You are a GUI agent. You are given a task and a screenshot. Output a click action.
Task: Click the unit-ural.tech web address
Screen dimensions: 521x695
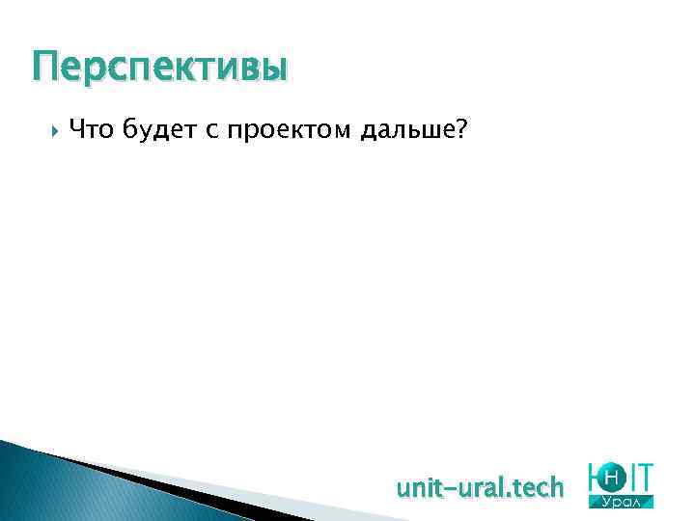coord(480,488)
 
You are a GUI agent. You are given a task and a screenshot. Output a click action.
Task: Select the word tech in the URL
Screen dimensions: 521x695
coord(536,488)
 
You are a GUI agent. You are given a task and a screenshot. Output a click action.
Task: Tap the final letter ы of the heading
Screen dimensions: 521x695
coord(274,70)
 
